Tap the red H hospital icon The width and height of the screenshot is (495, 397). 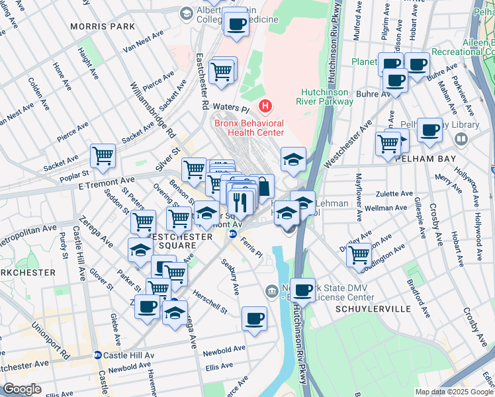pyautogui.click(x=265, y=106)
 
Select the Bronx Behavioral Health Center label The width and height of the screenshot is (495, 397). pyautogui.click(x=248, y=128)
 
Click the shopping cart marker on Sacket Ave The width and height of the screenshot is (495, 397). pyautogui.click(x=103, y=156)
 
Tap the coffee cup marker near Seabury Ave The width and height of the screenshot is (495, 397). pyautogui.click(x=254, y=319)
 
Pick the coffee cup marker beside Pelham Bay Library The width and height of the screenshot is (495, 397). pyautogui.click(x=429, y=130)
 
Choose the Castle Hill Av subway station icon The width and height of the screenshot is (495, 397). pyautogui.click(x=97, y=355)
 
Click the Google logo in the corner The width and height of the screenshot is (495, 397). pyautogui.click(x=22, y=389)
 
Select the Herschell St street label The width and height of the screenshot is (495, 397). pyautogui.click(x=210, y=300)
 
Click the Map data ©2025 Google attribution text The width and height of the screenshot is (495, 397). pyautogui.click(x=454, y=391)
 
